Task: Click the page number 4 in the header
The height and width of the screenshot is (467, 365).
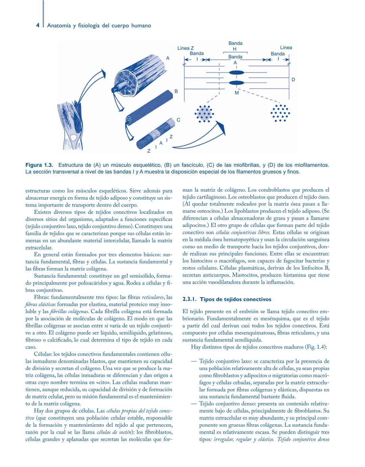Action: click(x=38, y=25)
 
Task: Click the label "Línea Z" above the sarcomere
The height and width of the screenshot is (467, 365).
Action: click(x=186, y=48)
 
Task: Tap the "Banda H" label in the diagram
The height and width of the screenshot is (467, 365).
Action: click(x=235, y=46)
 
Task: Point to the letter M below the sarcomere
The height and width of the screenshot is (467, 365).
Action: click(x=237, y=93)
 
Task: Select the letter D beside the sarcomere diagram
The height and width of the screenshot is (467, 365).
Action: click(x=293, y=80)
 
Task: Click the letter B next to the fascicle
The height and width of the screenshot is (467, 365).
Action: click(x=176, y=91)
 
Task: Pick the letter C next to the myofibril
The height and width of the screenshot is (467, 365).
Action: click(x=178, y=120)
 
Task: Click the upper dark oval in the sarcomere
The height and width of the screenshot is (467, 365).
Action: click(x=236, y=73)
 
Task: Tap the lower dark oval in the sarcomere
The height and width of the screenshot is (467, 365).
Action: click(x=236, y=82)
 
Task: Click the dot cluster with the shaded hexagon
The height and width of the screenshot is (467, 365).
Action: click(x=204, y=113)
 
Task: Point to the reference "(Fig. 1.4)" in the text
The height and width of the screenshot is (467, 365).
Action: click(x=315, y=347)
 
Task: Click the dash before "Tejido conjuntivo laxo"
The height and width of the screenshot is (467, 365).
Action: click(x=194, y=361)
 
